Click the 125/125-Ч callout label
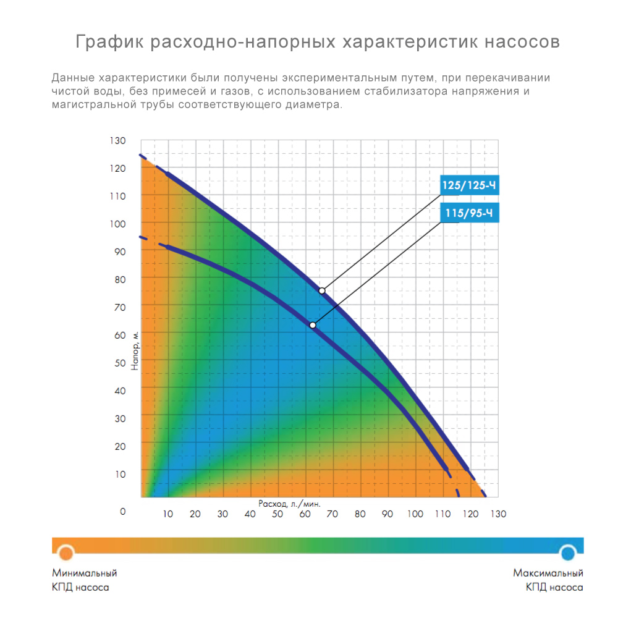tap(469, 185)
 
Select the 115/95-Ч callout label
tap(469, 214)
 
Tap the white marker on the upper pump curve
tap(322, 290)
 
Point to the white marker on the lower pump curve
tap(313, 325)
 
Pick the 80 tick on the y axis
tap(120, 279)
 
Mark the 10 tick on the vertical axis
tap(120, 474)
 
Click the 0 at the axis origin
tap(122, 512)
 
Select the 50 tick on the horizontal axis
tap(277, 514)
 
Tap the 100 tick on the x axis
tap(415, 514)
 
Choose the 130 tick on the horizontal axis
tap(498, 514)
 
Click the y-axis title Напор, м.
tap(135, 350)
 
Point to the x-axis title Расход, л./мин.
tap(290, 504)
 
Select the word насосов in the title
tap(522, 42)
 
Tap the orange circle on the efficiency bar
tap(66, 552)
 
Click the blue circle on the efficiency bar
tap(567, 552)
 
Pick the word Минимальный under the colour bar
tap(85, 573)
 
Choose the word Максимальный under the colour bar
tap(548, 573)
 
